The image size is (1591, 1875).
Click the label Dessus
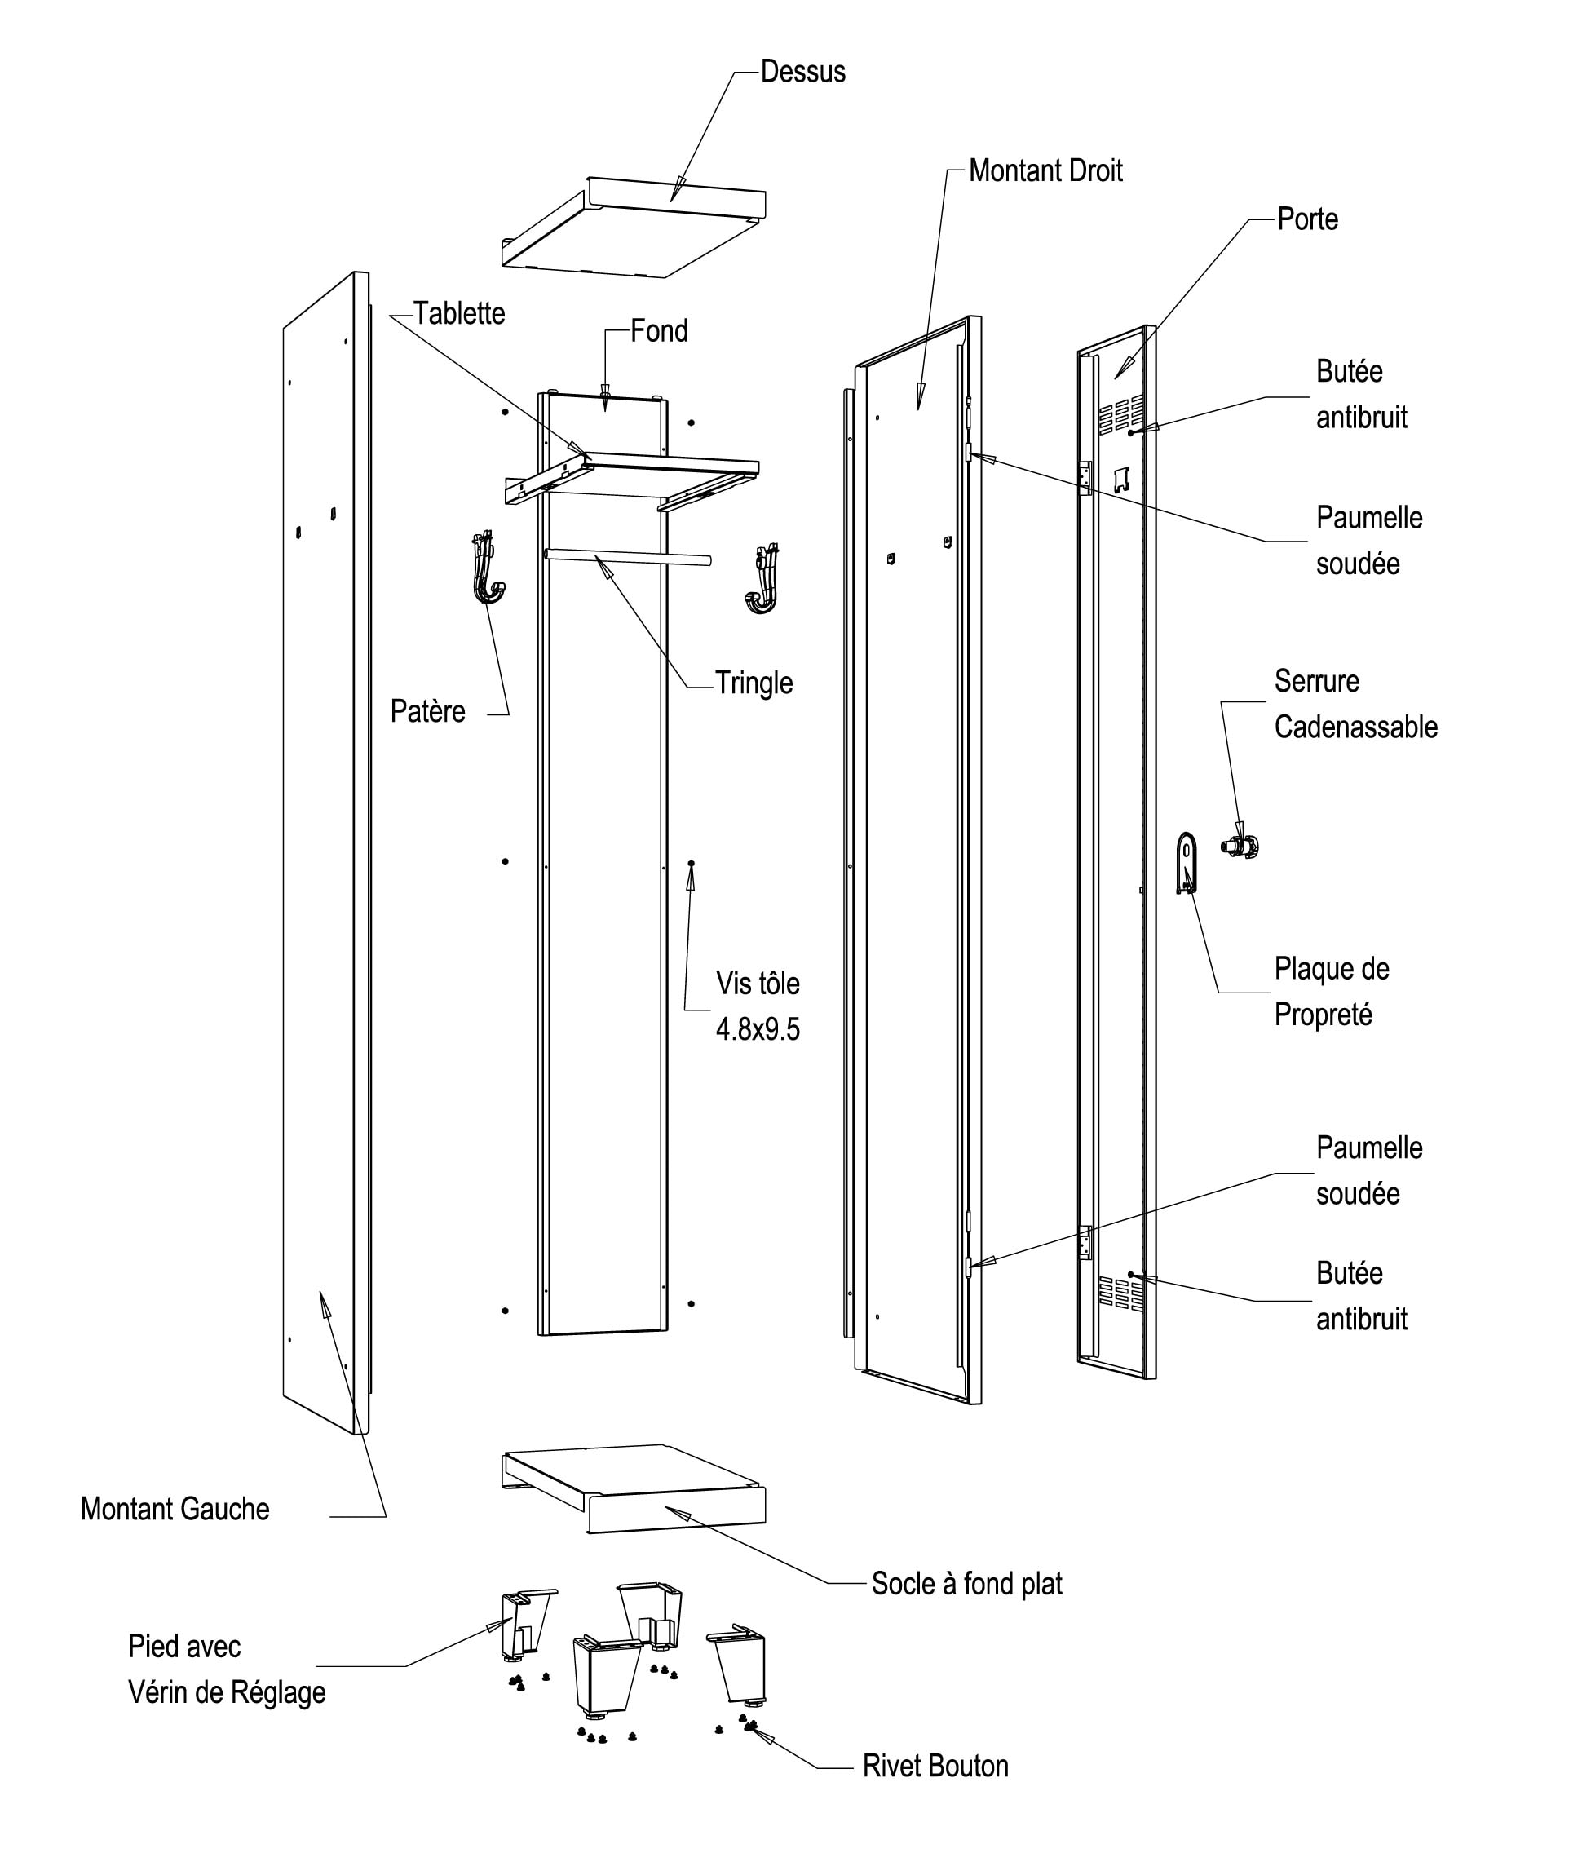(x=802, y=72)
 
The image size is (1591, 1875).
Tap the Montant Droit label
(x=1045, y=170)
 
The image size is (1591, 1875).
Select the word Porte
(x=1308, y=219)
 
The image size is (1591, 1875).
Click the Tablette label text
(x=459, y=314)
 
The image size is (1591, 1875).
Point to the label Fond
(x=658, y=331)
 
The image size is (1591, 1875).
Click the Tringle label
(x=754, y=683)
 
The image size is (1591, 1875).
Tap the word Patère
(x=427, y=710)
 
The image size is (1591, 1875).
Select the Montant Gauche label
(x=175, y=1509)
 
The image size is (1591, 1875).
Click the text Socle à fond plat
(x=967, y=1584)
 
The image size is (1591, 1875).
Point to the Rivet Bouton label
(x=935, y=1766)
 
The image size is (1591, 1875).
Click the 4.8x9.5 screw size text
(x=758, y=1029)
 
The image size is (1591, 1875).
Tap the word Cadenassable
(x=1355, y=727)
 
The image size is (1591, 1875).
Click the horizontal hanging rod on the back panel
(x=627, y=555)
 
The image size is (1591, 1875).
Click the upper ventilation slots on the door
(x=1122, y=413)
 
